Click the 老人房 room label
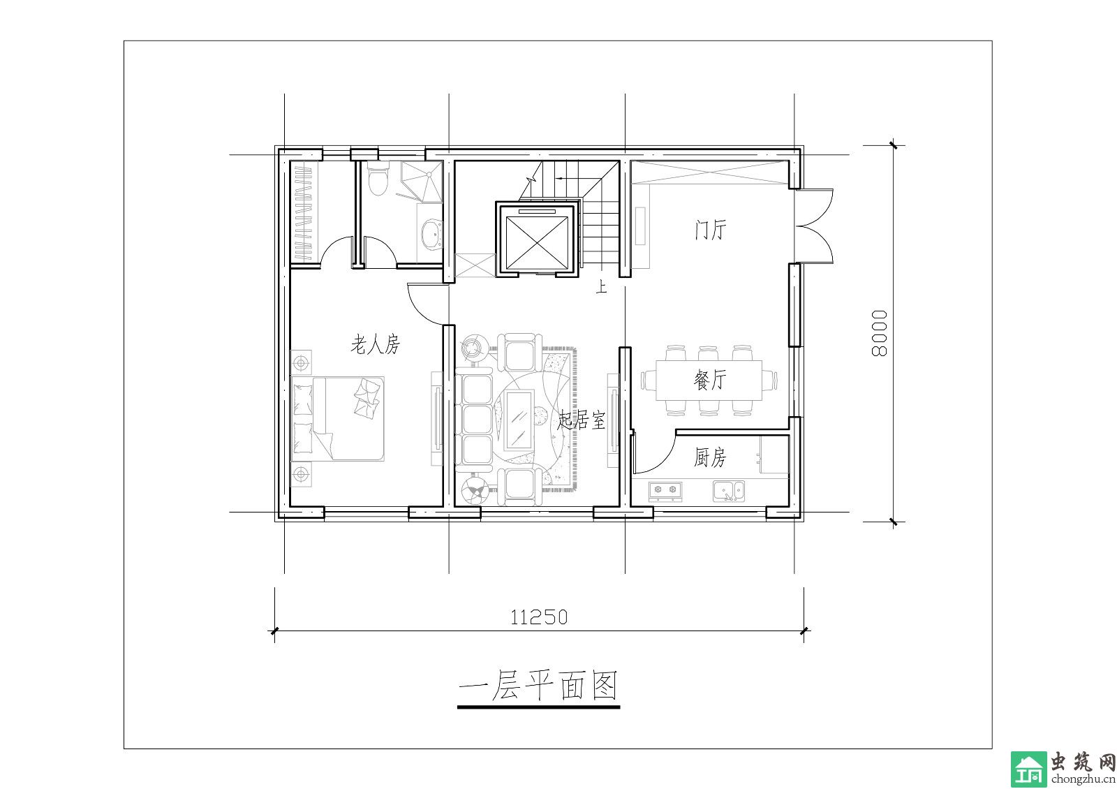[x=376, y=345]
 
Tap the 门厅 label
[x=711, y=230]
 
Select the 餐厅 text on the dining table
[x=709, y=380]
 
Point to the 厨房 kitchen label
[x=709, y=457]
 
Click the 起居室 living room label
[x=582, y=420]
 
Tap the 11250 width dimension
[x=538, y=618]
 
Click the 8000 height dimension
[x=880, y=334]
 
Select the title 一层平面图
[x=538, y=686]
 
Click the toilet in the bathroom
[x=377, y=179]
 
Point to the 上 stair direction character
[x=602, y=287]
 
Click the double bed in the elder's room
[x=338, y=418]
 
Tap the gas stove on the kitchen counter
[x=665, y=491]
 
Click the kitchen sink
[x=729, y=491]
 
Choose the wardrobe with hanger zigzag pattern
[x=304, y=214]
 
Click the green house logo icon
[x=1029, y=769]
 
